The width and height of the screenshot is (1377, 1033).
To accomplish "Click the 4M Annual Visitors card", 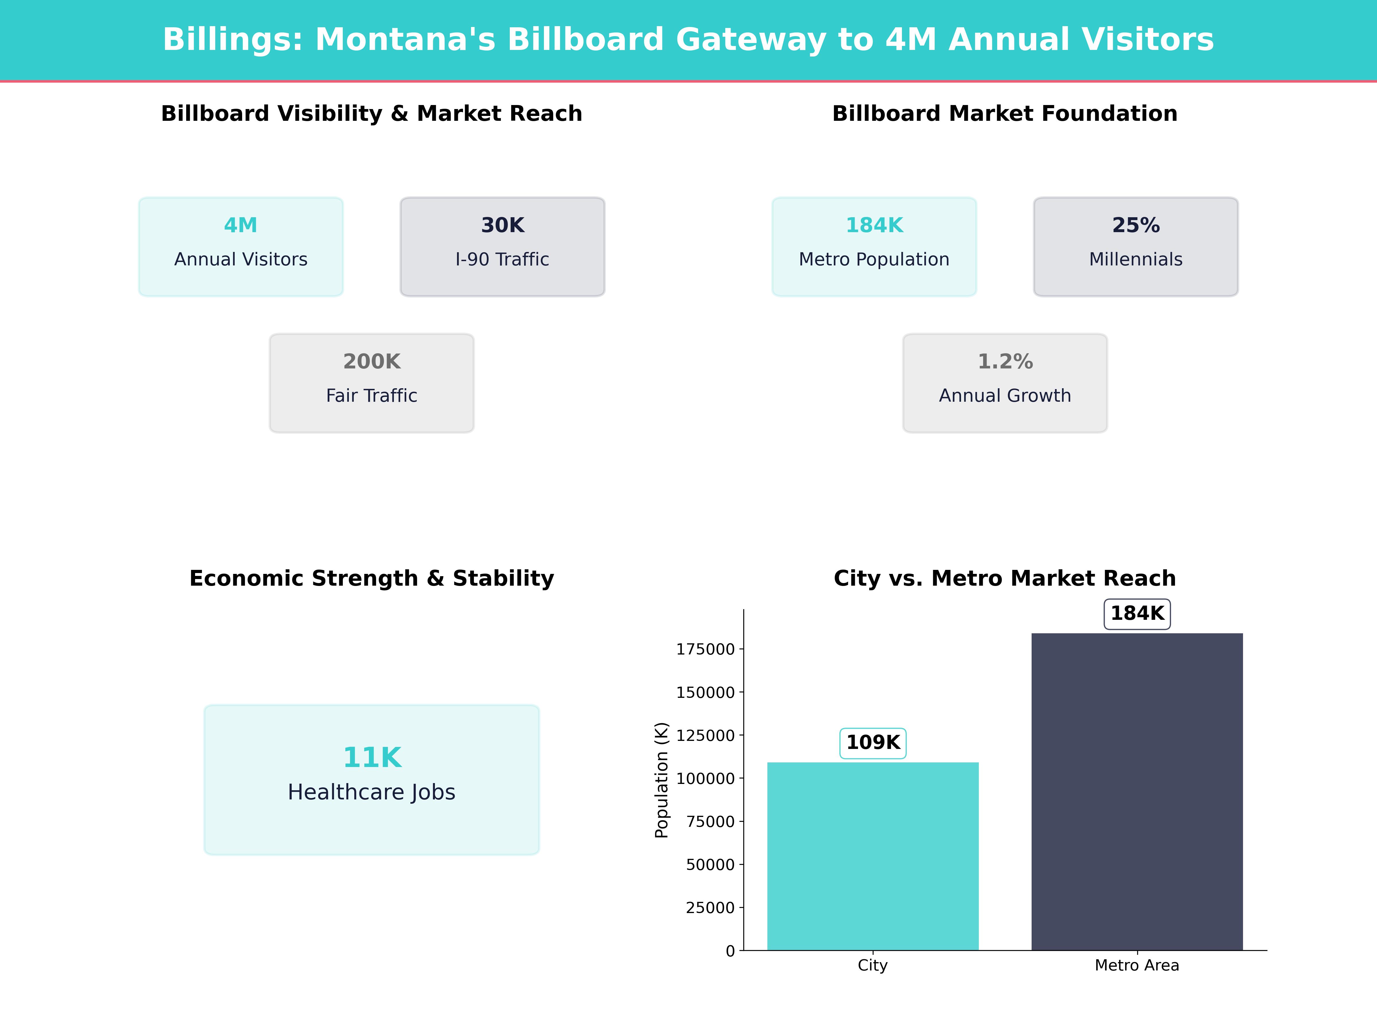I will coord(240,246).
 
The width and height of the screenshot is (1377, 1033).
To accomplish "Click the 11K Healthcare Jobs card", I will coord(372,780).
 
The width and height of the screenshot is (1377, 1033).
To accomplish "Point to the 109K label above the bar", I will coord(873,743).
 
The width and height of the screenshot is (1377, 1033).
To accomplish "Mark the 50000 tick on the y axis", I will coord(710,865).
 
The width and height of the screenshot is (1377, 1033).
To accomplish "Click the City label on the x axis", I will coord(873,966).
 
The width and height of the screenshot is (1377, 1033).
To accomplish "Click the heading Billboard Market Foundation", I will coord(1005,114).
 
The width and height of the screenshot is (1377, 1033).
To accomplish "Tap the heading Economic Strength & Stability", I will coord(372,578).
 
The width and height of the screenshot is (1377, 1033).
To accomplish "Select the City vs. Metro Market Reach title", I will coord(1005,578).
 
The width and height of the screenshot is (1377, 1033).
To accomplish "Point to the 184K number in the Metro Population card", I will coord(874,226).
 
